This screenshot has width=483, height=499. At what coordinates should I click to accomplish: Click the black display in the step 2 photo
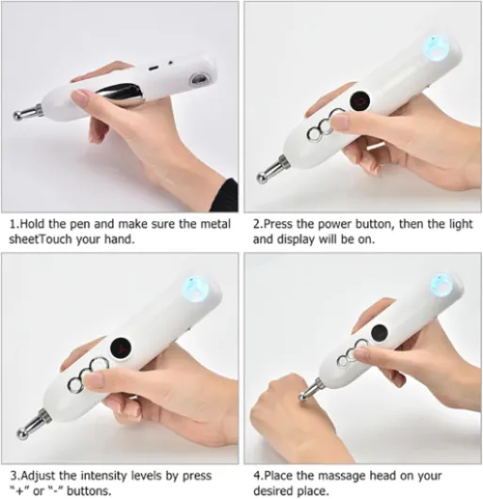point(361,101)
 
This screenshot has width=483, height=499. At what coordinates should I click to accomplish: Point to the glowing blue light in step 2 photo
point(436,48)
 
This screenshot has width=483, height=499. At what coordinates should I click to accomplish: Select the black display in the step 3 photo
point(121,348)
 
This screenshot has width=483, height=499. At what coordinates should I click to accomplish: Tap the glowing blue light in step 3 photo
point(195,289)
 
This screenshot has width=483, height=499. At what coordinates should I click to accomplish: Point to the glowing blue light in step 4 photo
point(443,285)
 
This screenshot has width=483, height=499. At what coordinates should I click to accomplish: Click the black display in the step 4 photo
point(379,333)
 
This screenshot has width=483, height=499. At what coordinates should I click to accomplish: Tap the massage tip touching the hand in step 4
point(309,389)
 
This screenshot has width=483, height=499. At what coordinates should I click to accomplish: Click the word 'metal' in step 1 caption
point(215,224)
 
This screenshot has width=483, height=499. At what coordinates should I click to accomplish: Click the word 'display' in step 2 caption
point(296,239)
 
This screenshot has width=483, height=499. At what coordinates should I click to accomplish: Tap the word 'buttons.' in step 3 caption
point(89,491)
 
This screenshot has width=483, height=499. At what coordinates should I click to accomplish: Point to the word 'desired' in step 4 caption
point(273,491)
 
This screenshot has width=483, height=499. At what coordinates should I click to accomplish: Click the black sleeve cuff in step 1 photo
point(228,195)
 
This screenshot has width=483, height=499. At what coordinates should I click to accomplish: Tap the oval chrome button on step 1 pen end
point(198,80)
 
